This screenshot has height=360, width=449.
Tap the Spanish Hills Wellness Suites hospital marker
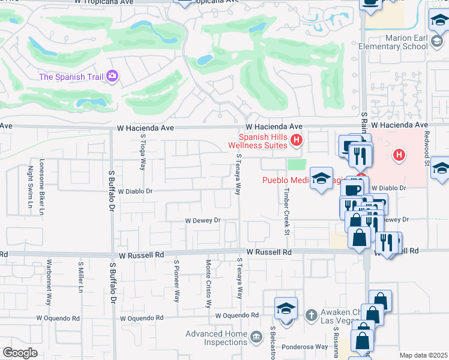[x=295, y=142]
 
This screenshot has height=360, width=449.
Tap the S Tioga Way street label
[x=143, y=151]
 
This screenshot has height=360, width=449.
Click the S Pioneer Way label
[x=177, y=280]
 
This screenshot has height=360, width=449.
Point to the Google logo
[x=20, y=352]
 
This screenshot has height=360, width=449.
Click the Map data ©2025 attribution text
[x=423, y=355]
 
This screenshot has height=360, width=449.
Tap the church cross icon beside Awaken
[x=311, y=314]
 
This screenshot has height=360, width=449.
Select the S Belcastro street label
[x=273, y=343]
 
